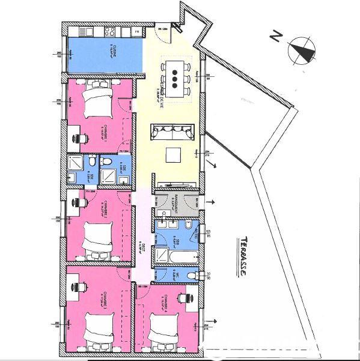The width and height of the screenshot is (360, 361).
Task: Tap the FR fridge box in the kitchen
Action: [137, 31]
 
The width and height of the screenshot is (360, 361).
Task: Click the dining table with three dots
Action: [175, 76]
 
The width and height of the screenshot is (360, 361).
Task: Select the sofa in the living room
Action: [172, 130]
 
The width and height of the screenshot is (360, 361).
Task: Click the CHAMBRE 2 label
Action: [105, 207]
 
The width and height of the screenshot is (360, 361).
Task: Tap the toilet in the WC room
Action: [190, 275]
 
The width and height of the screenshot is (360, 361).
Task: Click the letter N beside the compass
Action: [275, 36]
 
